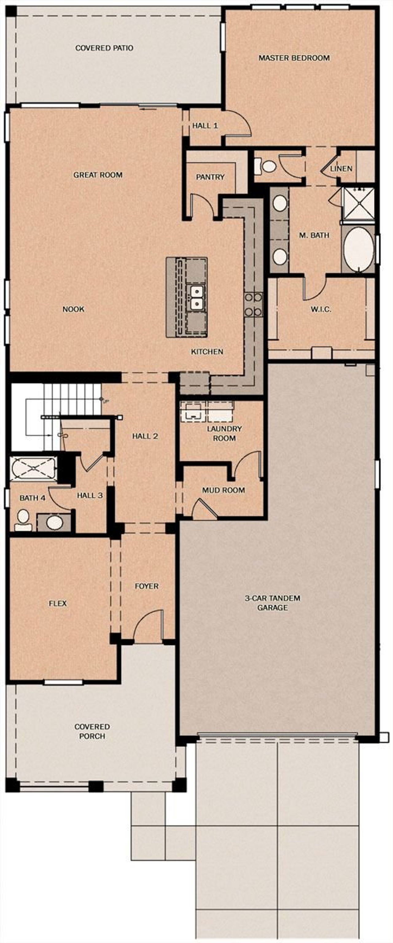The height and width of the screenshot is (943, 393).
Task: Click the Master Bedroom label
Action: pyautogui.click(x=294, y=58)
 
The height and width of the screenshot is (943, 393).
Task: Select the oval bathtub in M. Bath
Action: pyautogui.click(x=358, y=250)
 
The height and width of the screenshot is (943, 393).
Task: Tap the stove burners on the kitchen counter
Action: pyautogui.click(x=253, y=304)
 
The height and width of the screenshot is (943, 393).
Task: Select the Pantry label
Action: pyautogui.click(x=210, y=177)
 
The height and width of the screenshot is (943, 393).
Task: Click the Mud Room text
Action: pyautogui.click(x=223, y=490)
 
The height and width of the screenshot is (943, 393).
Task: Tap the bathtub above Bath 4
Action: pyautogui.click(x=33, y=468)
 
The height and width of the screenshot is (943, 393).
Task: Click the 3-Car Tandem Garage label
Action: pyautogui.click(x=273, y=603)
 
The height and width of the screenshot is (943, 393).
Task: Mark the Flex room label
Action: pyautogui.click(x=58, y=603)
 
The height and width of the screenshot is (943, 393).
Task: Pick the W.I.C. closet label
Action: pyautogui.click(x=321, y=309)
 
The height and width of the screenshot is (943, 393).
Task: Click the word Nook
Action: pyautogui.click(x=73, y=309)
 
